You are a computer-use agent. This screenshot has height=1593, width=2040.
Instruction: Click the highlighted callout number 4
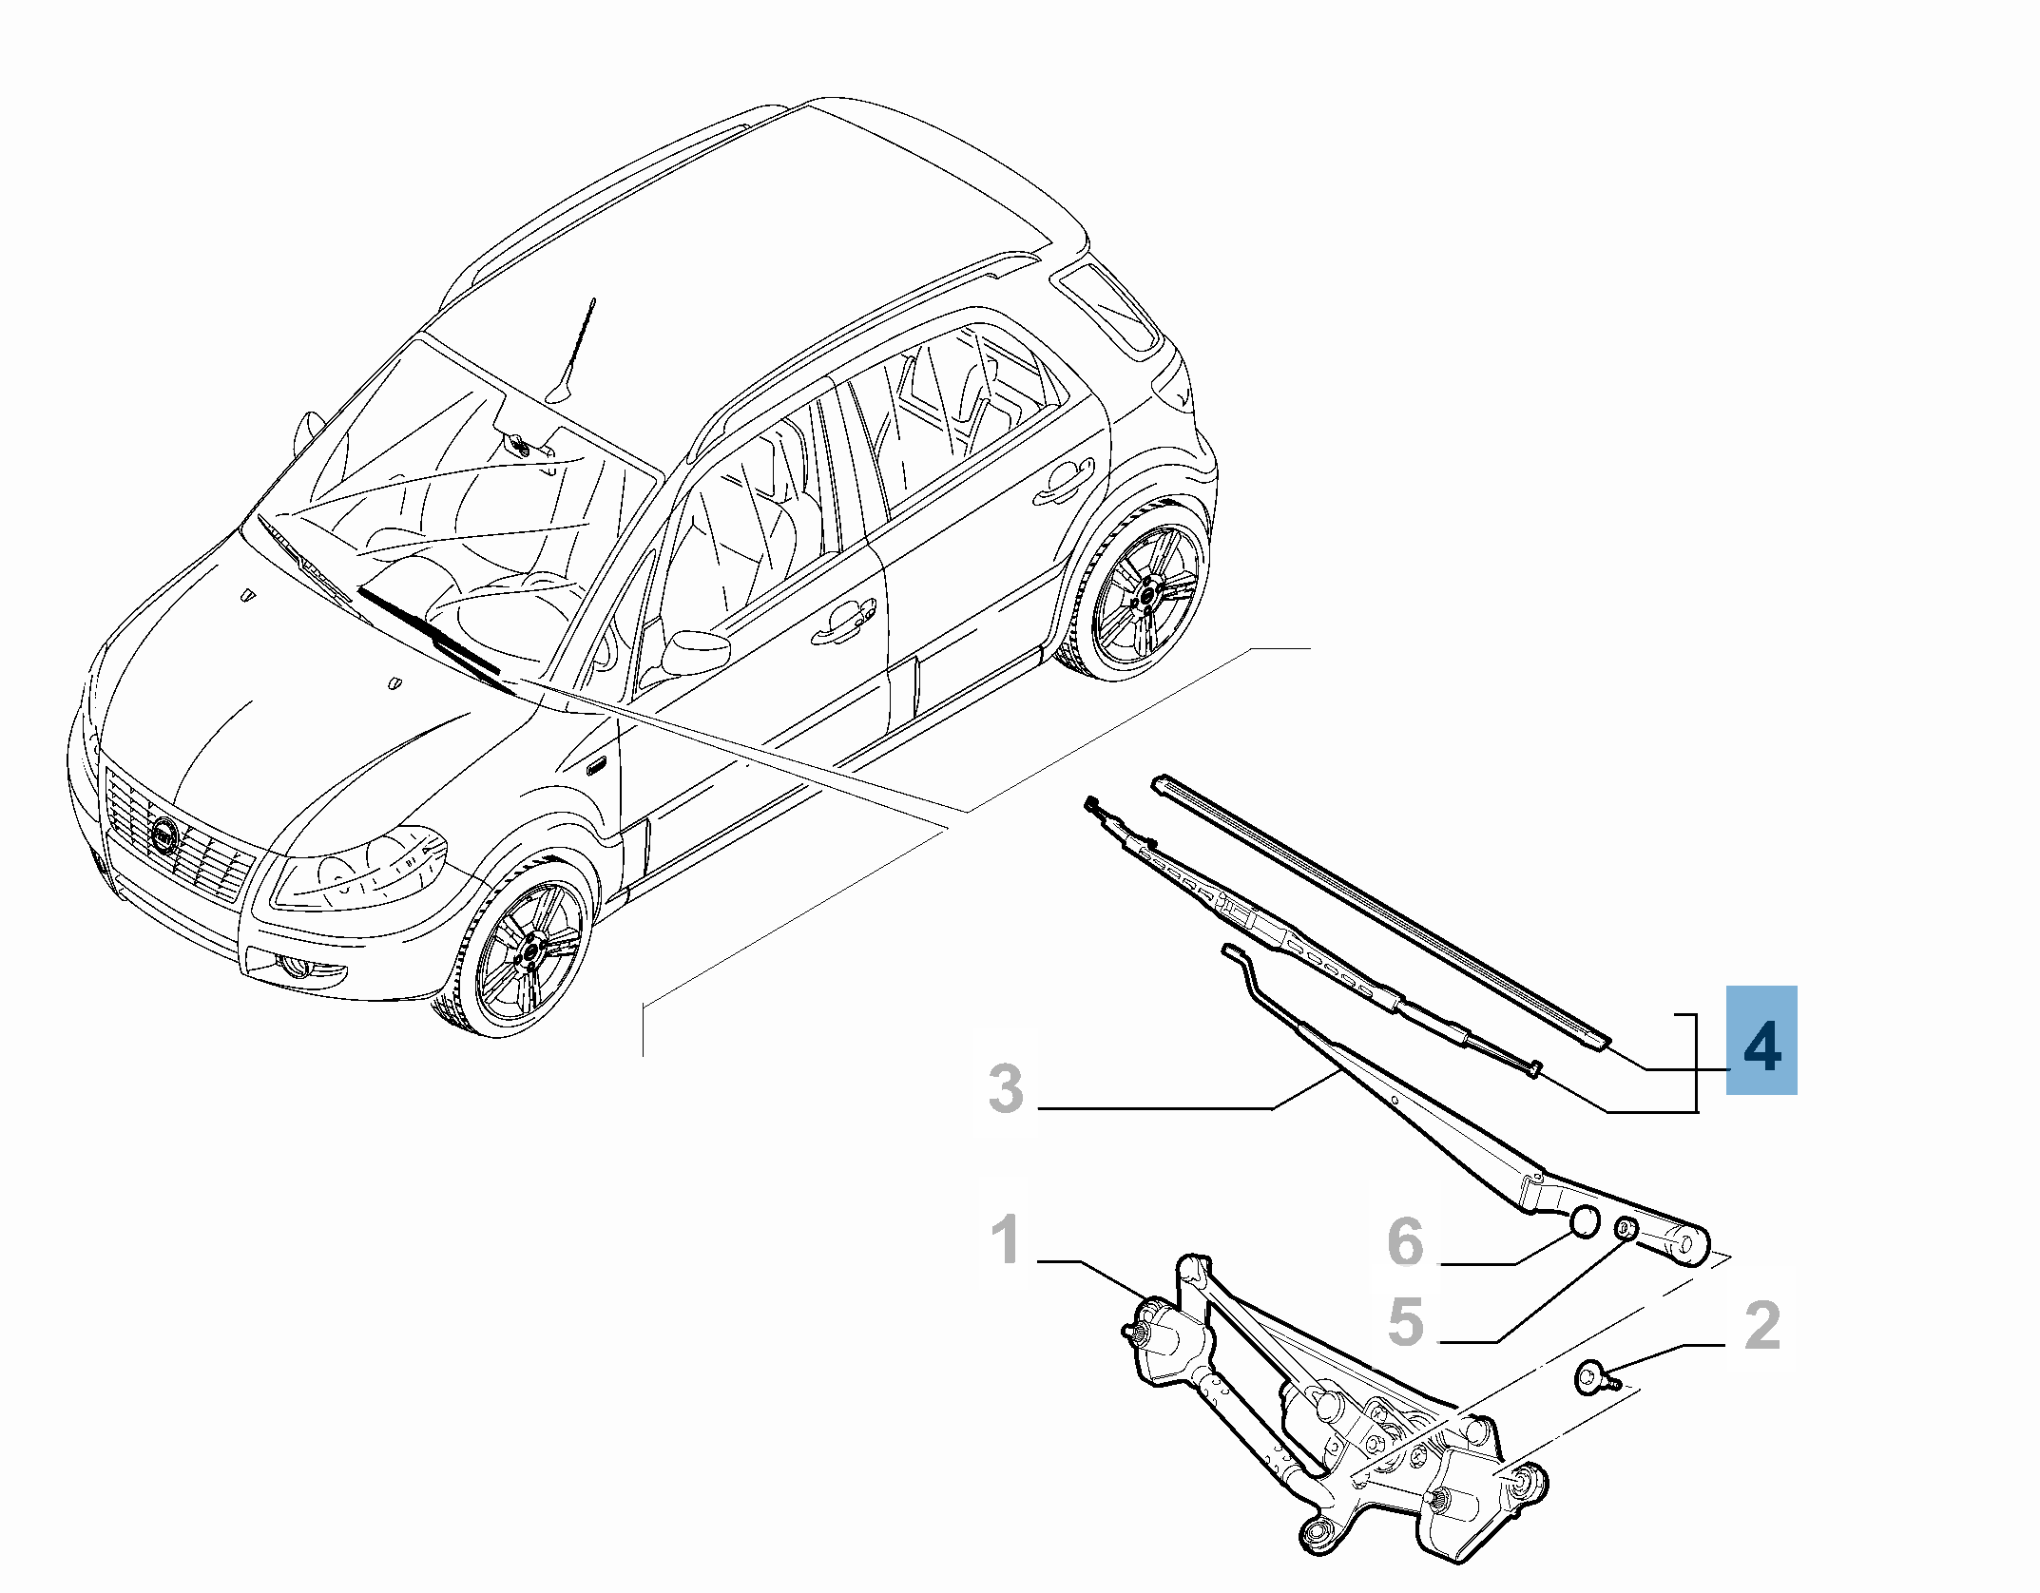click(1761, 1046)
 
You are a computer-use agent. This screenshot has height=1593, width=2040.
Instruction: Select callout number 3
click(1007, 1088)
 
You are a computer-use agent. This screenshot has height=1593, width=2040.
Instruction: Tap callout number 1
click(1006, 1240)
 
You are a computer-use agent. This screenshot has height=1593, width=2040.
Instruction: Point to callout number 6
click(1405, 1241)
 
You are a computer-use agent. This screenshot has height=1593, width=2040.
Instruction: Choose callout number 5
click(1405, 1322)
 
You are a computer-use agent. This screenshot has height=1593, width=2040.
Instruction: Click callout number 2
click(1762, 1325)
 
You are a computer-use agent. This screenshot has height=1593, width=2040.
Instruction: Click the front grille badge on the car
click(164, 836)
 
